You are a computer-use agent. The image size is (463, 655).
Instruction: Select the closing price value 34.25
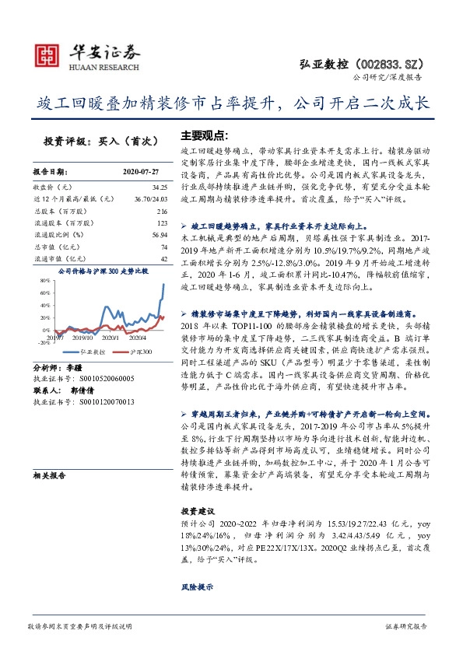click(x=160, y=187)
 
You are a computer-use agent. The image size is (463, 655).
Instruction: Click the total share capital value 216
click(x=162, y=212)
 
